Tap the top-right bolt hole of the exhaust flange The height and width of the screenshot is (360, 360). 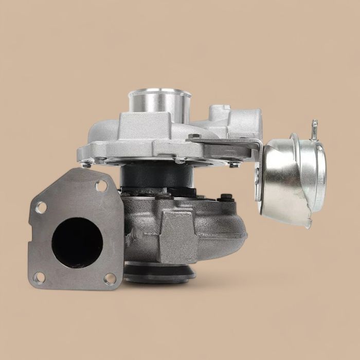(x=101, y=186)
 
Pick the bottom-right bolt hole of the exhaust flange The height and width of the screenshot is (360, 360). (x=110, y=278)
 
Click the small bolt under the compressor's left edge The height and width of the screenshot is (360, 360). (x=87, y=164)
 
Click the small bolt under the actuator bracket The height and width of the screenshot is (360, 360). (x=234, y=164)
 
